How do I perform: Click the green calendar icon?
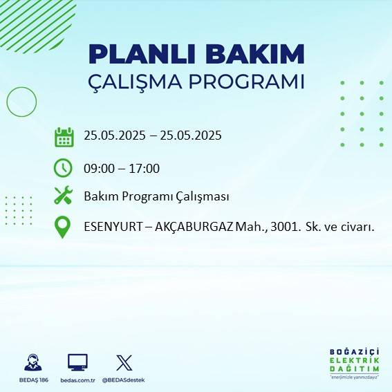(64, 136)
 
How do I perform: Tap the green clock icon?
(63, 168)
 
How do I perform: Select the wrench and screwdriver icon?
(63, 196)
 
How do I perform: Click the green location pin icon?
(63, 227)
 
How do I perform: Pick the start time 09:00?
(99, 168)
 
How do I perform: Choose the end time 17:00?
(144, 168)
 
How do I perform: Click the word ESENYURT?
(113, 227)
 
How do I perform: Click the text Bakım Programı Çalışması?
(156, 196)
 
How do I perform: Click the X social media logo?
(124, 362)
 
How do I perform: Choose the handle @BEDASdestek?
(125, 380)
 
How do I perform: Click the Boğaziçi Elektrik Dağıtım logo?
(354, 364)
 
